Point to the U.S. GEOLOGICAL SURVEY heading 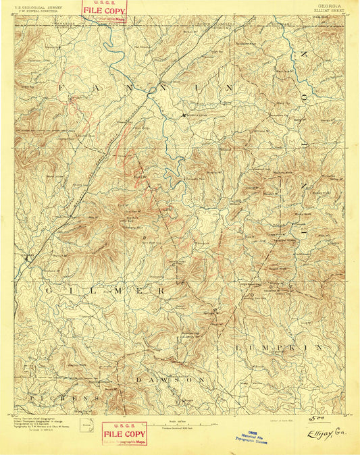tap(38, 4)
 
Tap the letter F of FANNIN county tap(61, 88)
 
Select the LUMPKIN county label tap(265, 346)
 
